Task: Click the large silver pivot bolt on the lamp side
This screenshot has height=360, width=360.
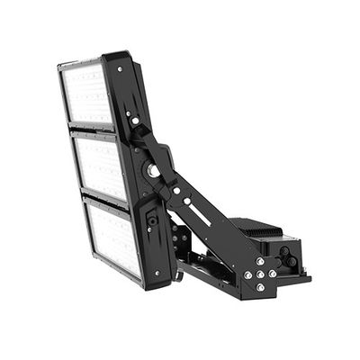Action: coord(154,170)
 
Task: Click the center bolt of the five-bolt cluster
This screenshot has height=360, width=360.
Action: coord(260,274)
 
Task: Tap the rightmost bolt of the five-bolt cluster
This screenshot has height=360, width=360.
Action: coord(273,273)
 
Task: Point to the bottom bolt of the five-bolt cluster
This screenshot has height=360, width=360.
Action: coord(260,287)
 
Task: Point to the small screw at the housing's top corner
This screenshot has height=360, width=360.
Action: coord(120,67)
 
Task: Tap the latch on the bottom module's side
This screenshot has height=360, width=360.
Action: coord(152,220)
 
